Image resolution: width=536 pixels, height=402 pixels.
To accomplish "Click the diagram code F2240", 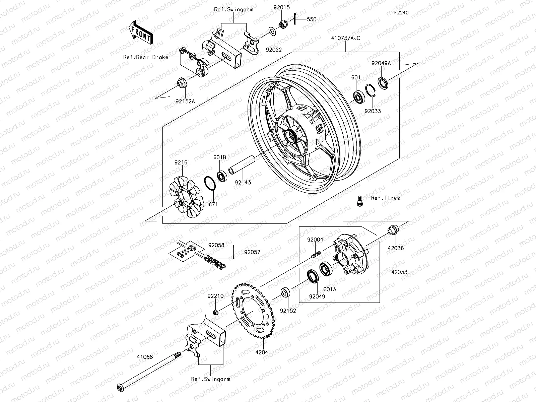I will point(401,13).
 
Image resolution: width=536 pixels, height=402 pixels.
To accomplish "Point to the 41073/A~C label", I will point(346,38).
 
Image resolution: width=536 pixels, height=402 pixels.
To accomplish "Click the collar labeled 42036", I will point(393,230).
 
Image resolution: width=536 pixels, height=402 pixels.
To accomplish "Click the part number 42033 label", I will point(399,272).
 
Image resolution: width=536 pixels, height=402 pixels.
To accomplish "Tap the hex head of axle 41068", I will point(120,388).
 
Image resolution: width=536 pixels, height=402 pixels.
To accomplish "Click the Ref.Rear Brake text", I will point(150,57).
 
